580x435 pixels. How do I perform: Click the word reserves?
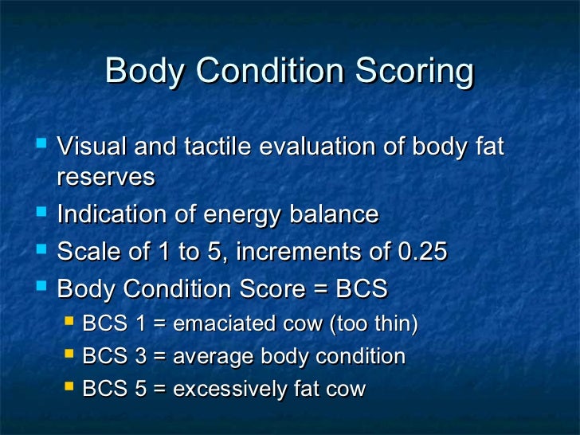105,178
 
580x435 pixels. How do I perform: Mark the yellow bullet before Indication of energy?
42,214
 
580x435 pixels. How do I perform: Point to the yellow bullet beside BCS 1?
69,322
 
